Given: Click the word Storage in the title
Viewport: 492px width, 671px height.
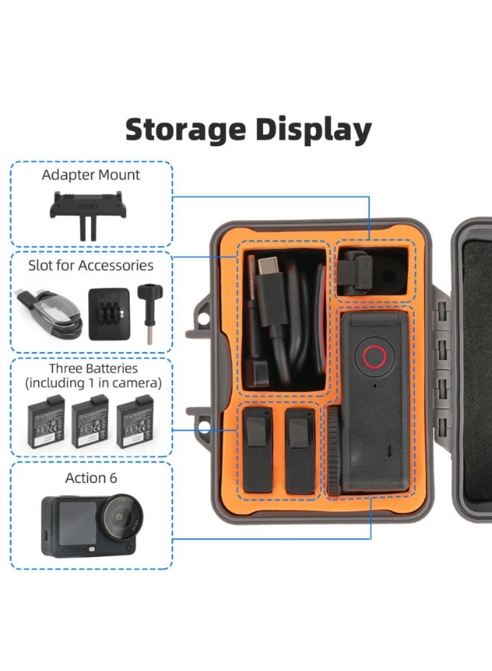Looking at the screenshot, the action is [186, 129].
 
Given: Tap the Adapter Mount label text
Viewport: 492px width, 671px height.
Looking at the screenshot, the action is [91, 175].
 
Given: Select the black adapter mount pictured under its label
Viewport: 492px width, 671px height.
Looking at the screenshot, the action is [88, 213].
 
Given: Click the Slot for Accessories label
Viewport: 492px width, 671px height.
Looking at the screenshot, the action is [91, 265].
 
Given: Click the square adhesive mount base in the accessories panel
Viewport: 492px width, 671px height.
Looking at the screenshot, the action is [109, 314].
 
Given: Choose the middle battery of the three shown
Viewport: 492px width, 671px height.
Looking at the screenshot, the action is [91, 421].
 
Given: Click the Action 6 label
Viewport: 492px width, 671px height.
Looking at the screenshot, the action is [91, 478].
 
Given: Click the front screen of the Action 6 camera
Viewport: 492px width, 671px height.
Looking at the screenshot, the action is [78, 523].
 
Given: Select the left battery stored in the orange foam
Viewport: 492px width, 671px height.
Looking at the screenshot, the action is [258, 450].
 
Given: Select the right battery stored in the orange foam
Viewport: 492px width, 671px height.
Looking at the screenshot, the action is [300, 451].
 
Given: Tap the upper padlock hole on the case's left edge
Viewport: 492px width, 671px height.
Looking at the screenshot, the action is [204, 318].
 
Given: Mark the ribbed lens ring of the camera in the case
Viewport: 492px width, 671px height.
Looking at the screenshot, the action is [334, 450].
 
